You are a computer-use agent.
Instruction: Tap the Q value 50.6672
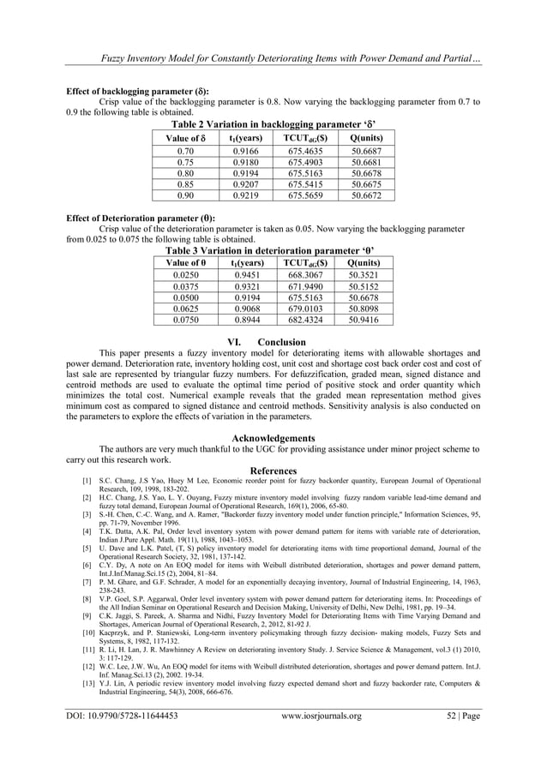tap(367, 195)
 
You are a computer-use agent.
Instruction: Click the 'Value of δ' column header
tap(183, 137)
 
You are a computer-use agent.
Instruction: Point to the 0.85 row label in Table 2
tap(183, 184)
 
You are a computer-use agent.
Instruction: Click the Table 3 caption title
tap(273, 250)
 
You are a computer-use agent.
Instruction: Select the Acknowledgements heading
tap(273, 439)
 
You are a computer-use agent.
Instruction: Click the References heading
tap(273, 470)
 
